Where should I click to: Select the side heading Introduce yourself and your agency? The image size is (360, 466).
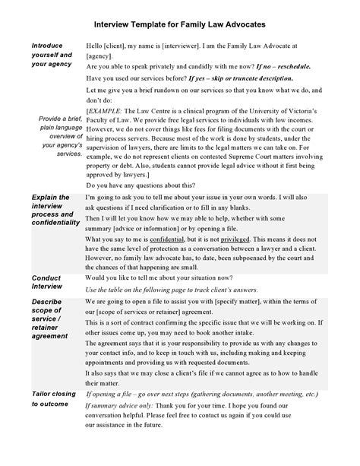[52, 55]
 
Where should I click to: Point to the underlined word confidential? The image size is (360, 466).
[182, 239]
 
